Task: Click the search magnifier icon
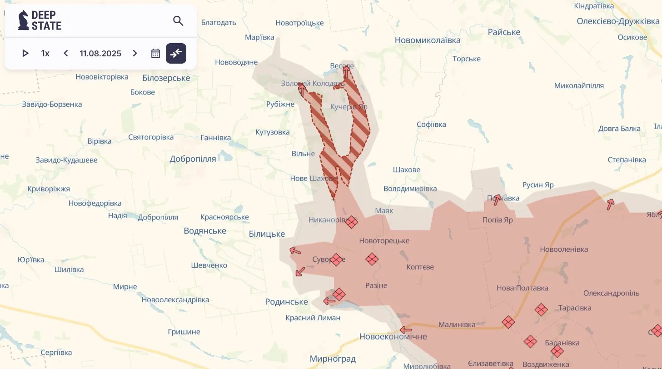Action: click(178, 21)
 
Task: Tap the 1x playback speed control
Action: click(45, 54)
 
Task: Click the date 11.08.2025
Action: click(100, 54)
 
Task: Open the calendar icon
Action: click(155, 54)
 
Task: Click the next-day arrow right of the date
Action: click(134, 54)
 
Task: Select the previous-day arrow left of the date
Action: click(66, 54)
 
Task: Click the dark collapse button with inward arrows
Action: click(176, 54)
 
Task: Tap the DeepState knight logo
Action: click(23, 20)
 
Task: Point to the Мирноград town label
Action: click(333, 359)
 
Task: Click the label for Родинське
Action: click(286, 302)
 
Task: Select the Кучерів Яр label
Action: click(348, 107)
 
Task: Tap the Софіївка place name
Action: click(431, 125)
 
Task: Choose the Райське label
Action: click(504, 32)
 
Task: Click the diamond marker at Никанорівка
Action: click(351, 222)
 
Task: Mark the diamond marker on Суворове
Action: click(336, 259)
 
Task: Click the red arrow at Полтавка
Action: click(498, 199)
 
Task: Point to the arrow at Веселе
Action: click(346, 71)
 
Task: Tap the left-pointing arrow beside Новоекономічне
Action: click(406, 330)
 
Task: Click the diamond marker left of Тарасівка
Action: click(541, 310)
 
